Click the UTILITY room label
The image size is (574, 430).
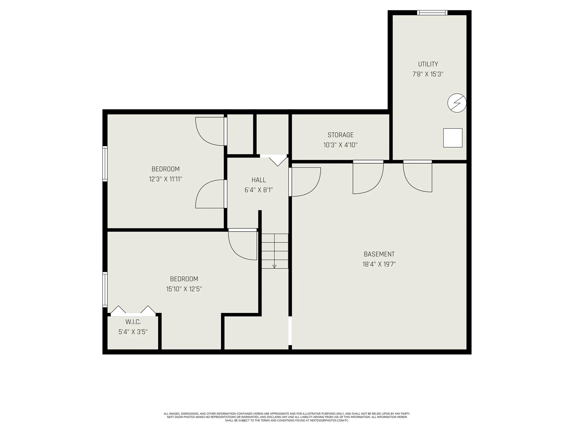428,64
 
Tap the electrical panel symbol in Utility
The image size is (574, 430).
457,103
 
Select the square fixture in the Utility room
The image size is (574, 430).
453,138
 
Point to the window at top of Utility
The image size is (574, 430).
432,12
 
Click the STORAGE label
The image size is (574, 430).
340,135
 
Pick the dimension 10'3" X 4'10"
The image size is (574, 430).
340,145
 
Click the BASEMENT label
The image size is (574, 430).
379,254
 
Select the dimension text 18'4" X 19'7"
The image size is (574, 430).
379,264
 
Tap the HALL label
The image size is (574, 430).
259,180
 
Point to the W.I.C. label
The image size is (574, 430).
133,322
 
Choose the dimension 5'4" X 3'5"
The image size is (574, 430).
133,332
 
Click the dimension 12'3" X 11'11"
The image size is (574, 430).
166,179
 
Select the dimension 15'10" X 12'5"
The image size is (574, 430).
184,289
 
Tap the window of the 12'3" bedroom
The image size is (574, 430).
105,164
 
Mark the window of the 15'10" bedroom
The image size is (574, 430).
105,289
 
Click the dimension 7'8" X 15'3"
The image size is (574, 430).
428,74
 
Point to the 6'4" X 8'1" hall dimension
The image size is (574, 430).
259,190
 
